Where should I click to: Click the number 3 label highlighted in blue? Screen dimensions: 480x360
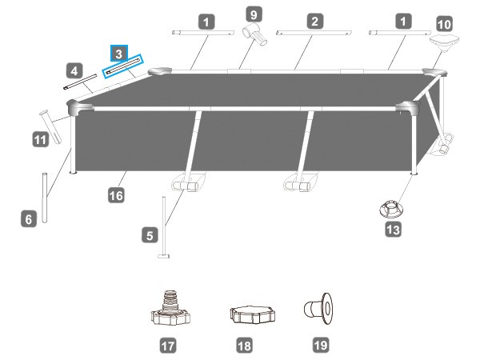(x=118, y=54)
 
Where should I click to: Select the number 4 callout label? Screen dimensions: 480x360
(x=74, y=71)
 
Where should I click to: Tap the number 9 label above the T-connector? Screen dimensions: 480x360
(x=254, y=14)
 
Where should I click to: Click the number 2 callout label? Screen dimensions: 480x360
(x=315, y=21)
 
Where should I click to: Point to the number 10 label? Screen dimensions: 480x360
(x=444, y=24)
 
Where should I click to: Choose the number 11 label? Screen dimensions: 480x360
(x=41, y=139)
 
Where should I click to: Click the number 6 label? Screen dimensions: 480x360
(x=29, y=219)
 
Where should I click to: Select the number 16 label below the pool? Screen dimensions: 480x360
(x=116, y=195)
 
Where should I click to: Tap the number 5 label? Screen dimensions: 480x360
(x=150, y=235)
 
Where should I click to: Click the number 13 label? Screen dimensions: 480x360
(x=393, y=230)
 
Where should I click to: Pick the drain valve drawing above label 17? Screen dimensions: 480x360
(x=170, y=308)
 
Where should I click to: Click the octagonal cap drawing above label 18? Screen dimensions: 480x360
(x=252, y=314)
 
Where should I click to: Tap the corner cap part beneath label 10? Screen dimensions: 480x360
(x=444, y=42)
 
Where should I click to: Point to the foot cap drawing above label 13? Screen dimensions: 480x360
(x=391, y=210)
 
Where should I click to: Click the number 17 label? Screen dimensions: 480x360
(x=168, y=346)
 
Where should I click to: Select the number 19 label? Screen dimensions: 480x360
(x=321, y=345)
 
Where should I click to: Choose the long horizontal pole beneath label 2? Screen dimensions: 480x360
(x=314, y=33)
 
